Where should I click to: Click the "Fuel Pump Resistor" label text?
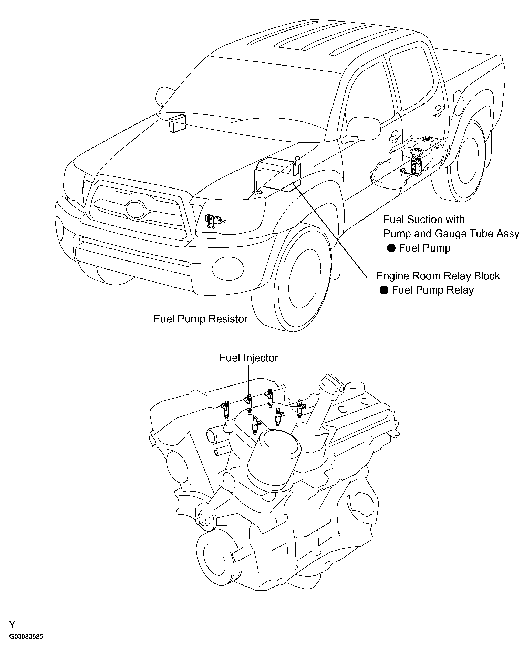200,319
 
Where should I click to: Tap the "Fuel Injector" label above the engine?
248,358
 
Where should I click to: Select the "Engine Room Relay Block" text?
438,276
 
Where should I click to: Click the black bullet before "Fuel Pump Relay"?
384,290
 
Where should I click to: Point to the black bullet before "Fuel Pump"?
391,248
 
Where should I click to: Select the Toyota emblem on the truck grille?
136,209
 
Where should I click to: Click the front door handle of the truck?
395,134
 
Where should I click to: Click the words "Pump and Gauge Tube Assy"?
451,234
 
